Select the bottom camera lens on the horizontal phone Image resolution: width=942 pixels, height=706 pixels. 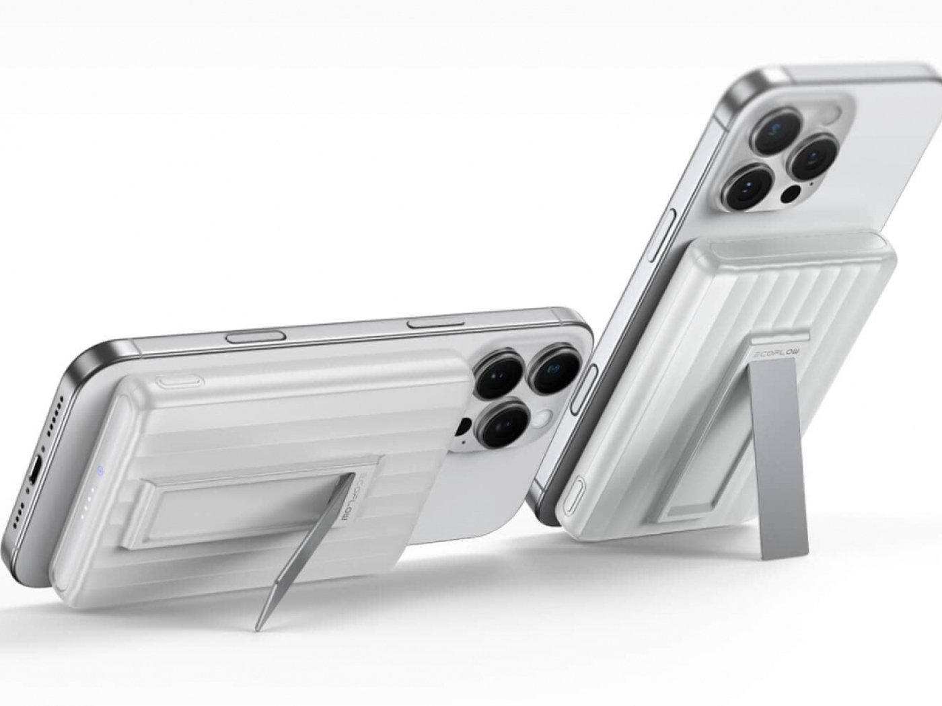point(501,424)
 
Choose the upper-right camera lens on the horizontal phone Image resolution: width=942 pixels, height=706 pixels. point(551,367)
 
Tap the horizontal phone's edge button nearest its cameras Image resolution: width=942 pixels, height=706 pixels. point(433,323)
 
